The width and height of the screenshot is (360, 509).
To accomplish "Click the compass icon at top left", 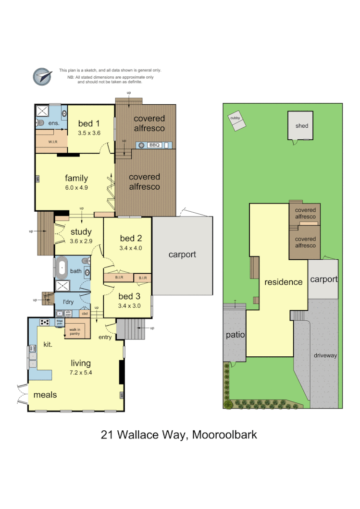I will click(x=42, y=77).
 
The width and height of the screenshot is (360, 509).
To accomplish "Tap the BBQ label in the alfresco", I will click(x=154, y=145).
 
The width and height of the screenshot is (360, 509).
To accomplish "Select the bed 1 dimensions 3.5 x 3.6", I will click(x=89, y=133).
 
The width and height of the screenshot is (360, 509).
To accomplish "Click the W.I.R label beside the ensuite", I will click(x=53, y=142).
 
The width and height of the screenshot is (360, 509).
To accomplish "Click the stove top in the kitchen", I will click(x=45, y=322).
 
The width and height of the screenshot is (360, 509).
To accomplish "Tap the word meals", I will click(x=45, y=395).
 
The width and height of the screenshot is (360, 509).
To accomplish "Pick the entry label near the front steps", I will click(x=105, y=337).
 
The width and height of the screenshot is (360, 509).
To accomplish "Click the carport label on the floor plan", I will click(x=182, y=254).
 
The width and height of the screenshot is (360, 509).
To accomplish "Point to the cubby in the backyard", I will click(x=236, y=122).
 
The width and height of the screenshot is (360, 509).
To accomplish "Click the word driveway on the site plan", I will click(x=325, y=356).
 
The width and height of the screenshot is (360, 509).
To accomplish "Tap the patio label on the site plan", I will click(x=236, y=335).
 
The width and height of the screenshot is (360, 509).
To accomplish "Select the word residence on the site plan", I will click(x=283, y=282).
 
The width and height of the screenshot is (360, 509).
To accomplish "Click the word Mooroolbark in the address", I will click(x=224, y=435).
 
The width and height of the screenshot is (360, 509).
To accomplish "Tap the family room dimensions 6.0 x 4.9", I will click(x=76, y=188).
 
